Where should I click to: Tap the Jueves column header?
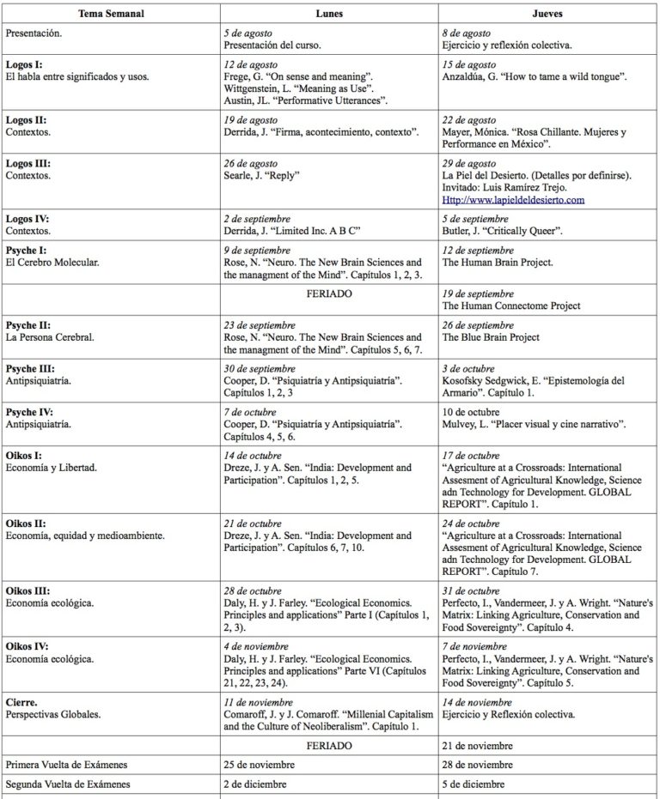coord(548,15)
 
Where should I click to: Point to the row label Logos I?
coord(24,65)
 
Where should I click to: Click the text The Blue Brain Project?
coord(491,337)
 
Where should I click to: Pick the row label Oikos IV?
coord(27,645)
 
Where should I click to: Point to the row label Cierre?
coord(22,702)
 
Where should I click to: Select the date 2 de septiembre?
coord(256,219)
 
